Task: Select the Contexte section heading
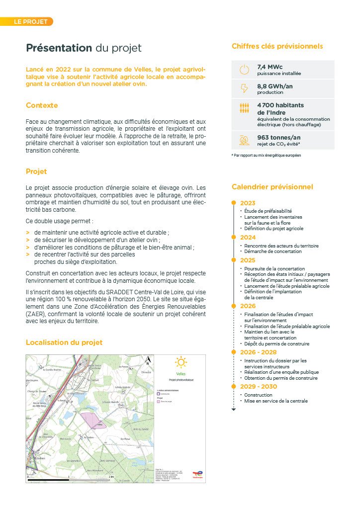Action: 42,105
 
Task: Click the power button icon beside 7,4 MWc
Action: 244,70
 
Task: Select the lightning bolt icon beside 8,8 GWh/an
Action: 244,88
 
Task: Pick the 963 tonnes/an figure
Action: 279,138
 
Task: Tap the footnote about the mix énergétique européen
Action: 266,156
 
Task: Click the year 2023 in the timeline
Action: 248,203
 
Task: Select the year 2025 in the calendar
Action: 248,260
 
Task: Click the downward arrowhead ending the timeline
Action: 233,409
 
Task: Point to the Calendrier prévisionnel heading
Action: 272,187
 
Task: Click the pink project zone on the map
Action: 91,419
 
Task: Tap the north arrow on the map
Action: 147,362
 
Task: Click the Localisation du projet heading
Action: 64,342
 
